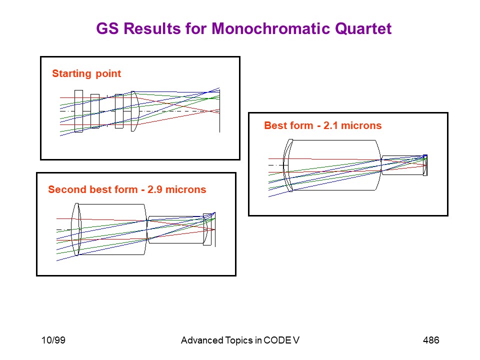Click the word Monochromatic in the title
(271, 28)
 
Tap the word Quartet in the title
(363, 28)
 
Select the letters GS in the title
(107, 28)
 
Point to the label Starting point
(86, 74)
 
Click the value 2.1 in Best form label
(330, 125)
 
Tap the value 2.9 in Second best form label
(154, 189)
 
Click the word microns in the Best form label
(361, 125)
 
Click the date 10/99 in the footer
(53, 340)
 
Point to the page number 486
(431, 340)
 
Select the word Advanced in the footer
(202, 340)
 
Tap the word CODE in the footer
(277, 340)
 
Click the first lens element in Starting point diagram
(78, 111)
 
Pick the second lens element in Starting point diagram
(95, 111)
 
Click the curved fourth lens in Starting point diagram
(134, 111)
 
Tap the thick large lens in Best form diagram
(333, 165)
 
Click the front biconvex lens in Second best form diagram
(76, 229)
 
